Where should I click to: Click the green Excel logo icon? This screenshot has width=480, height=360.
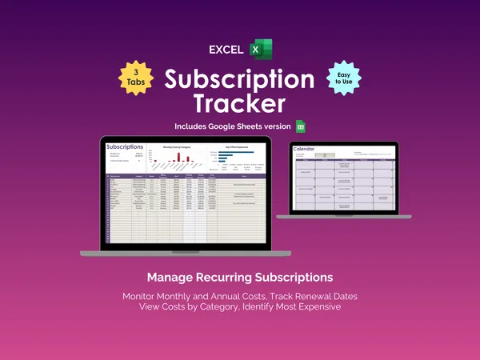click(261, 49)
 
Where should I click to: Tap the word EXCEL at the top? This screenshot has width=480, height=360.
click(226, 50)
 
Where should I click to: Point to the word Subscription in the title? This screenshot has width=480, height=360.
click(239, 80)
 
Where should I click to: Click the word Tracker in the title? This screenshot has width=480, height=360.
click(239, 104)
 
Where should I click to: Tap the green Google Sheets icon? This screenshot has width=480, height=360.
click(301, 126)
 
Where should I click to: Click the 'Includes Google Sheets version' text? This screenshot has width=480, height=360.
click(233, 126)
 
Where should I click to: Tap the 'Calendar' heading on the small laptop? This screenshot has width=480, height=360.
click(305, 149)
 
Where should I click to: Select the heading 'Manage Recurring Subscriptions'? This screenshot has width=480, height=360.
click(239, 278)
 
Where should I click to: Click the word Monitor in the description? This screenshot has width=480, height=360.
click(142, 296)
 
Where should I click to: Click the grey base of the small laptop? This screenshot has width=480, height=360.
click(344, 217)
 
